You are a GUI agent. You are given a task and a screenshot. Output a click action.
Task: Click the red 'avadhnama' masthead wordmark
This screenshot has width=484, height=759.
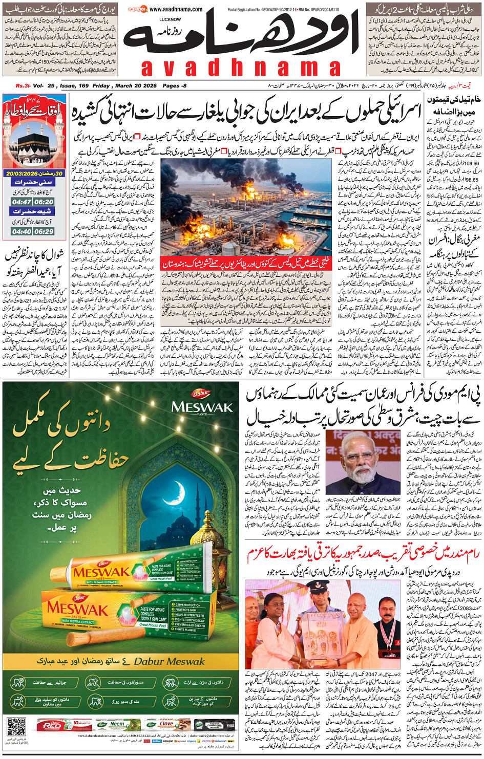(x=241, y=68)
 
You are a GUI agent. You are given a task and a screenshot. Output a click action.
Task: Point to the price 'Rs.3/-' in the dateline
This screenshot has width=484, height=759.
(x=23, y=85)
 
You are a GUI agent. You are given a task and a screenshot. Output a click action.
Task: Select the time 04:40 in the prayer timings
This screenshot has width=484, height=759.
(x=22, y=231)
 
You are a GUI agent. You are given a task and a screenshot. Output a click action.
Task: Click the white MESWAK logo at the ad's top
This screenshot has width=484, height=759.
(x=202, y=407)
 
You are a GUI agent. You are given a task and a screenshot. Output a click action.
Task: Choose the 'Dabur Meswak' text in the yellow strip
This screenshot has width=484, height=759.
(x=169, y=662)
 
